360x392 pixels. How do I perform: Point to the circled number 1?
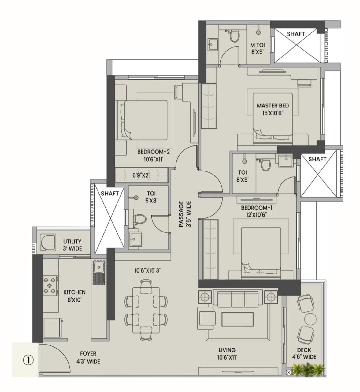(x=28, y=360)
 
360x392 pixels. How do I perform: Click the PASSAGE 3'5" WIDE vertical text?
(x=185, y=214)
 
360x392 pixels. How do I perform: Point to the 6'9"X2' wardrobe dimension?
(x=141, y=175)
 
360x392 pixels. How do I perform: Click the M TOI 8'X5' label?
(x=258, y=48)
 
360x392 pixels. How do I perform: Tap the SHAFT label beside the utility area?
(x=109, y=194)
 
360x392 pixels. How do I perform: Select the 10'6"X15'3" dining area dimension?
(x=147, y=270)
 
